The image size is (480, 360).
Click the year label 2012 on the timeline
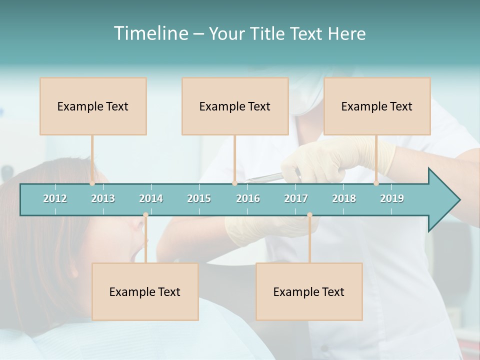55,198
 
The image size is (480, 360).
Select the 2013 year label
103,198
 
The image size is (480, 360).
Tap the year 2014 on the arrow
151,198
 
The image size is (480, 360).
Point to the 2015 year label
199,198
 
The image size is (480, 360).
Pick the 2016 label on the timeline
248,198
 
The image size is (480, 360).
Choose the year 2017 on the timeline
296,198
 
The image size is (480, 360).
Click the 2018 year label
344,198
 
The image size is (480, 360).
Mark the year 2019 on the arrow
392,198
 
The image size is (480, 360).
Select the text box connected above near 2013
93,106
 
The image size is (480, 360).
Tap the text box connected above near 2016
235,106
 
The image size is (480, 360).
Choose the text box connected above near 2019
377,106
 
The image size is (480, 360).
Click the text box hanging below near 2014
145,291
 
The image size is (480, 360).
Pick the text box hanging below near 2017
309,291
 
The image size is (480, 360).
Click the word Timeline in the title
150,33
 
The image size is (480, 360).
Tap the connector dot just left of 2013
92,183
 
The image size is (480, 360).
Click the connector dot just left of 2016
234,183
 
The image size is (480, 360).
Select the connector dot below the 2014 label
145,215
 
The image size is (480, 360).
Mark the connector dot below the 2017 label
309,215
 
